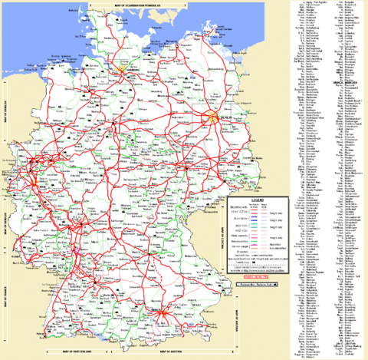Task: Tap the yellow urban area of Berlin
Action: tap(212, 117)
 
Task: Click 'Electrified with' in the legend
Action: tap(217, 206)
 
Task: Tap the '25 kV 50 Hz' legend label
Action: tap(217, 220)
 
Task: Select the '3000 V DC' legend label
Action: tap(217, 227)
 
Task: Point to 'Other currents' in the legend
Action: tap(217, 234)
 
